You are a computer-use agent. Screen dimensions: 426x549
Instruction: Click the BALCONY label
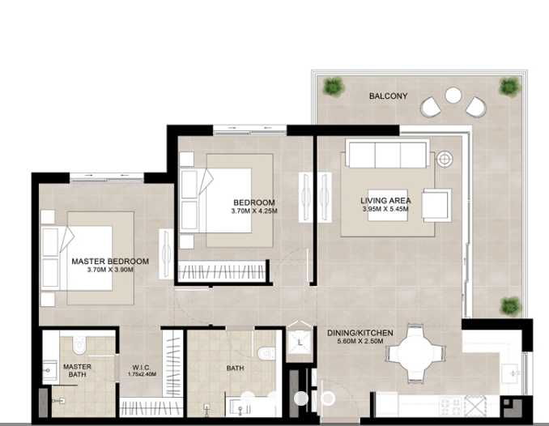point(389,96)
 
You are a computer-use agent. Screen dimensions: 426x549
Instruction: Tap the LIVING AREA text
point(385,201)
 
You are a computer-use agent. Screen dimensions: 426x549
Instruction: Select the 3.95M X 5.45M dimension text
point(385,209)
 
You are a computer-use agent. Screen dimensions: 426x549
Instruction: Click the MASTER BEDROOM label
point(110,262)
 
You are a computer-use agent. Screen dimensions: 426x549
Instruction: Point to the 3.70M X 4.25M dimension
point(253,211)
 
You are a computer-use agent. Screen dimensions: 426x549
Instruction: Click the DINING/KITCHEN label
point(360,333)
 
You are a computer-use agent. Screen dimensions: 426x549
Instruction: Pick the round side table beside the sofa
point(444,160)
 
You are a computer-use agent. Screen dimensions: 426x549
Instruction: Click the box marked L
point(300,342)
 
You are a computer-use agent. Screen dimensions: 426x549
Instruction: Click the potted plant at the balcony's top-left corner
point(332,85)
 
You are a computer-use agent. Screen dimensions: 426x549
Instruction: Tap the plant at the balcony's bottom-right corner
point(509,305)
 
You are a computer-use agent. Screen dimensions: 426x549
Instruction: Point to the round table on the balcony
point(453,96)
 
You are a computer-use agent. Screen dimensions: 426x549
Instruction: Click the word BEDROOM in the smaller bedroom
point(253,202)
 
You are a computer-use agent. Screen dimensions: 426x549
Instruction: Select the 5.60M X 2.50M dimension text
point(360,342)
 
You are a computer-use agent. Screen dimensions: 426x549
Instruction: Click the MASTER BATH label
point(77,371)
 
